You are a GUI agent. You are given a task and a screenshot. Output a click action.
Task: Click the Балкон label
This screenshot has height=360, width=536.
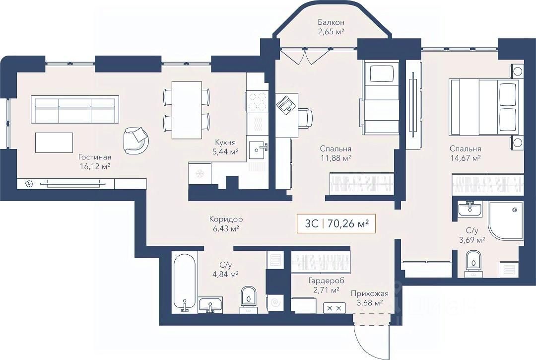(x=332, y=22)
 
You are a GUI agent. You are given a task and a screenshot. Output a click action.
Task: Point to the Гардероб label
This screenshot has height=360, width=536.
(x=322, y=280)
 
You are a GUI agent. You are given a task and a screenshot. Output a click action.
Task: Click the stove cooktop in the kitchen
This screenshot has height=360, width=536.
(x=257, y=102)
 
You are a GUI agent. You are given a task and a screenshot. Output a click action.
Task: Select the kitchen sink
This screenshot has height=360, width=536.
(x=257, y=148)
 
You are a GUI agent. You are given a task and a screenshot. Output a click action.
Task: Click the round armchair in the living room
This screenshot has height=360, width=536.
(x=136, y=140)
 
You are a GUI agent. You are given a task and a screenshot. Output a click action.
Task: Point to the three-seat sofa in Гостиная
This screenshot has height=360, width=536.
(x=74, y=110)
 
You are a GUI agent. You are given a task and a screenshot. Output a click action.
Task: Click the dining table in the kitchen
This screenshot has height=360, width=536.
(x=187, y=110)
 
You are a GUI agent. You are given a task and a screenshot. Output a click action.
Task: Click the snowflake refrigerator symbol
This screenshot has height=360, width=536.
(x=201, y=174)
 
